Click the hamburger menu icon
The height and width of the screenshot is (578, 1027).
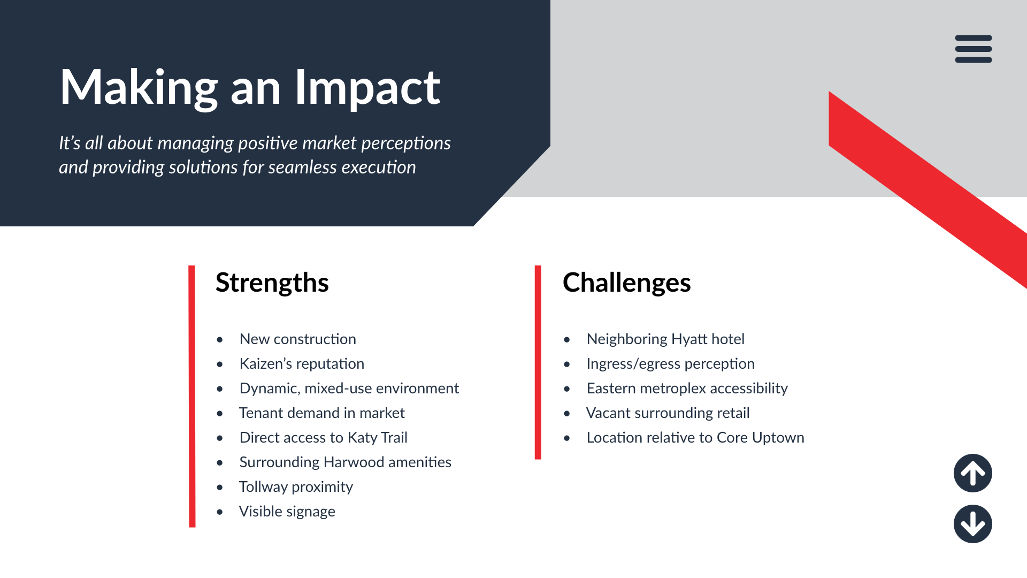tap(974, 49)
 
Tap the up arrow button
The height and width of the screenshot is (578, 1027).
tap(973, 473)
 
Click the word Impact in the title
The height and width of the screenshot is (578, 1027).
tap(367, 88)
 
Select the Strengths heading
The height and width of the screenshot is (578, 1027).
tap(272, 283)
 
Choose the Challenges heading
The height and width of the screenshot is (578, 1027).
tap(627, 283)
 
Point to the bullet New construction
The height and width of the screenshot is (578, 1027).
tap(298, 339)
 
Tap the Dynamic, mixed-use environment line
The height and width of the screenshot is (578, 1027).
tap(349, 388)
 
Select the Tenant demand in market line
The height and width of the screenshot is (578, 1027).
tap(322, 413)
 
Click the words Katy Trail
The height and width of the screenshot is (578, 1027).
tap(378, 437)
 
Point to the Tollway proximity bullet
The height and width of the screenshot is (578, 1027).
tap(296, 486)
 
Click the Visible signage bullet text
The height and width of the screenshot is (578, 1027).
tap(287, 511)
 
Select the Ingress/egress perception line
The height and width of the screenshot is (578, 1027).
tap(671, 363)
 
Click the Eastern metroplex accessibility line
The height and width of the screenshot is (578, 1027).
tap(687, 388)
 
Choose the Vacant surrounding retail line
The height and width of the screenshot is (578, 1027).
tap(668, 413)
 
